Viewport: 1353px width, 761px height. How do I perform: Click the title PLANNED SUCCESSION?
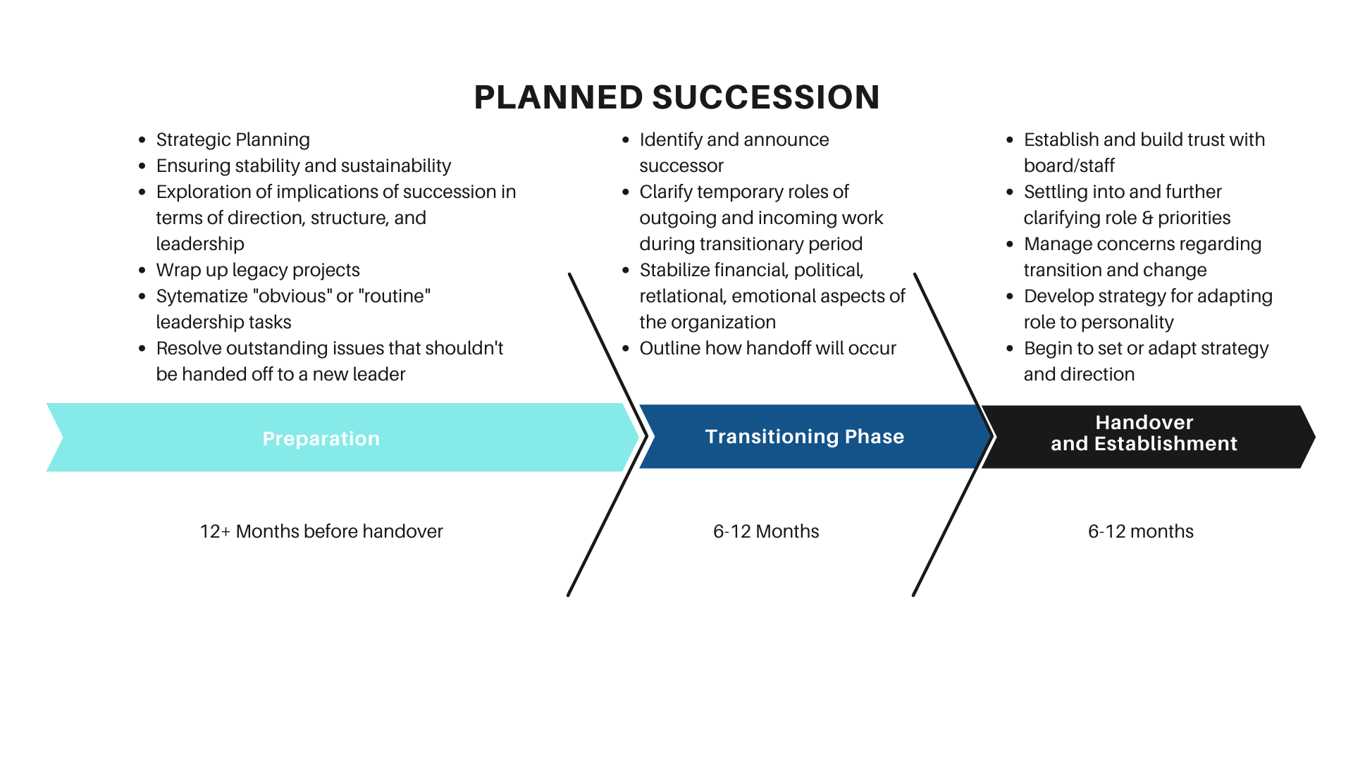click(x=676, y=97)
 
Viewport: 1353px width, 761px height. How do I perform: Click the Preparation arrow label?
click(x=321, y=438)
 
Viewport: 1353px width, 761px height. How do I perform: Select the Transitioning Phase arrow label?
click(x=804, y=437)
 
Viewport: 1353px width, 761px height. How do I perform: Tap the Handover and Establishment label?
click(x=1144, y=433)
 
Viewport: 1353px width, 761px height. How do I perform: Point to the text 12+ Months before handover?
click(x=321, y=531)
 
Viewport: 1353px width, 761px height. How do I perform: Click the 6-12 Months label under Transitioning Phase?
click(x=766, y=531)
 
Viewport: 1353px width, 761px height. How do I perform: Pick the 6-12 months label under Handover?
click(x=1140, y=531)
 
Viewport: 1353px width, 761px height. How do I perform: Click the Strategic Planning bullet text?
click(x=233, y=140)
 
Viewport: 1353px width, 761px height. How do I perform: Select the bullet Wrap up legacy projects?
click(x=258, y=270)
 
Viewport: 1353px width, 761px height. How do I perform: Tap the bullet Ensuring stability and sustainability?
click(x=303, y=166)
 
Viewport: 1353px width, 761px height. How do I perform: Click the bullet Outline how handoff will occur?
click(x=767, y=348)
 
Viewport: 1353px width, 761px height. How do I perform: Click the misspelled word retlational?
click(x=682, y=296)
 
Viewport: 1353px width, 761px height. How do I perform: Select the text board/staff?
click(x=1068, y=166)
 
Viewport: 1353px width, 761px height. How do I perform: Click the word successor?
click(x=681, y=166)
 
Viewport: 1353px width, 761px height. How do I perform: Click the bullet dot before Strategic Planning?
click(x=142, y=140)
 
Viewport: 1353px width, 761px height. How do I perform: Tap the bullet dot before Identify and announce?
click(x=626, y=140)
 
